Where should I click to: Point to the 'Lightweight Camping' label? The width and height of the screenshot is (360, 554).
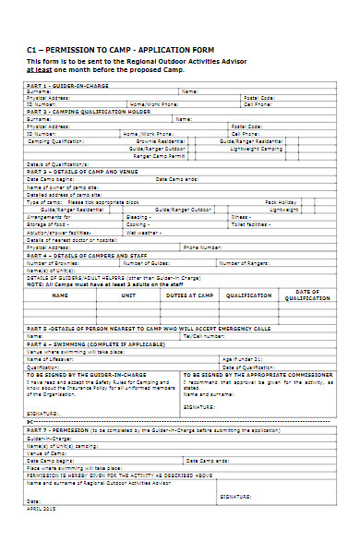click(x=257, y=148)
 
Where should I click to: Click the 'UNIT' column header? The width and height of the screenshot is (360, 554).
click(x=128, y=296)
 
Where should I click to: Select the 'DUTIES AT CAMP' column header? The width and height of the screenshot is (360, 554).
click(x=189, y=296)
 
